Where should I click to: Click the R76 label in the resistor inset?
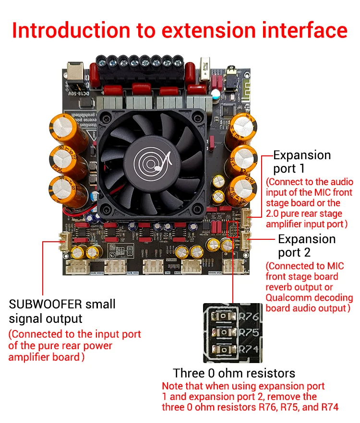click(248, 317)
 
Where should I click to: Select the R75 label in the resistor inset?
click(248, 333)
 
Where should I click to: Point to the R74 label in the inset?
click(248, 349)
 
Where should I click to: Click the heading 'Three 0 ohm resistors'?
click(234, 373)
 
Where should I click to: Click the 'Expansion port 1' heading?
click(302, 162)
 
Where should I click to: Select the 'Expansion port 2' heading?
click(307, 245)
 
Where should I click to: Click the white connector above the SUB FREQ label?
click(77, 267)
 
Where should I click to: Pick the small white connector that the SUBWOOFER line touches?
click(64, 241)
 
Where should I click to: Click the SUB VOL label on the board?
click(132, 273)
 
